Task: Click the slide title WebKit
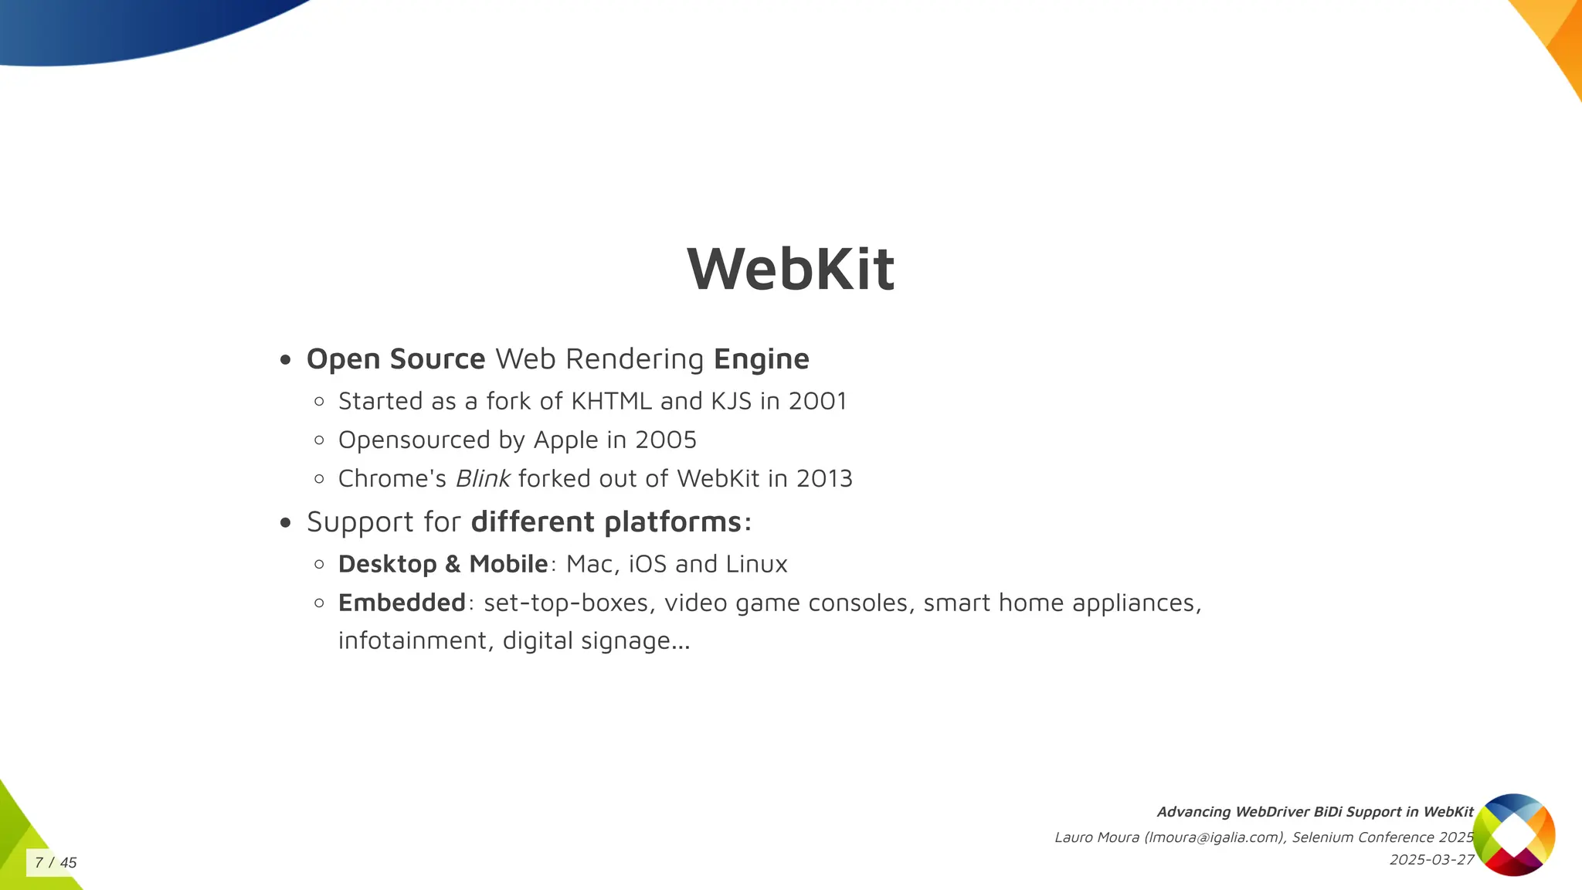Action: (x=790, y=269)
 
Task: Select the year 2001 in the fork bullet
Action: (x=817, y=401)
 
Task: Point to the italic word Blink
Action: (x=483, y=479)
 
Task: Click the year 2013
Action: (x=824, y=479)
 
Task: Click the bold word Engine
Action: (x=761, y=359)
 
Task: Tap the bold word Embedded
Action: (x=402, y=603)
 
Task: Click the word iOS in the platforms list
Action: (x=647, y=564)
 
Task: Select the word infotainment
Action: (x=412, y=640)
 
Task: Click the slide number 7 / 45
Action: (x=56, y=862)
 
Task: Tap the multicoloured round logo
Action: (x=1513, y=834)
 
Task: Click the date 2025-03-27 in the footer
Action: (x=1431, y=860)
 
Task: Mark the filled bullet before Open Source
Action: (x=286, y=359)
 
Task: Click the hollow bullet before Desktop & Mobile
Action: (x=320, y=564)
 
